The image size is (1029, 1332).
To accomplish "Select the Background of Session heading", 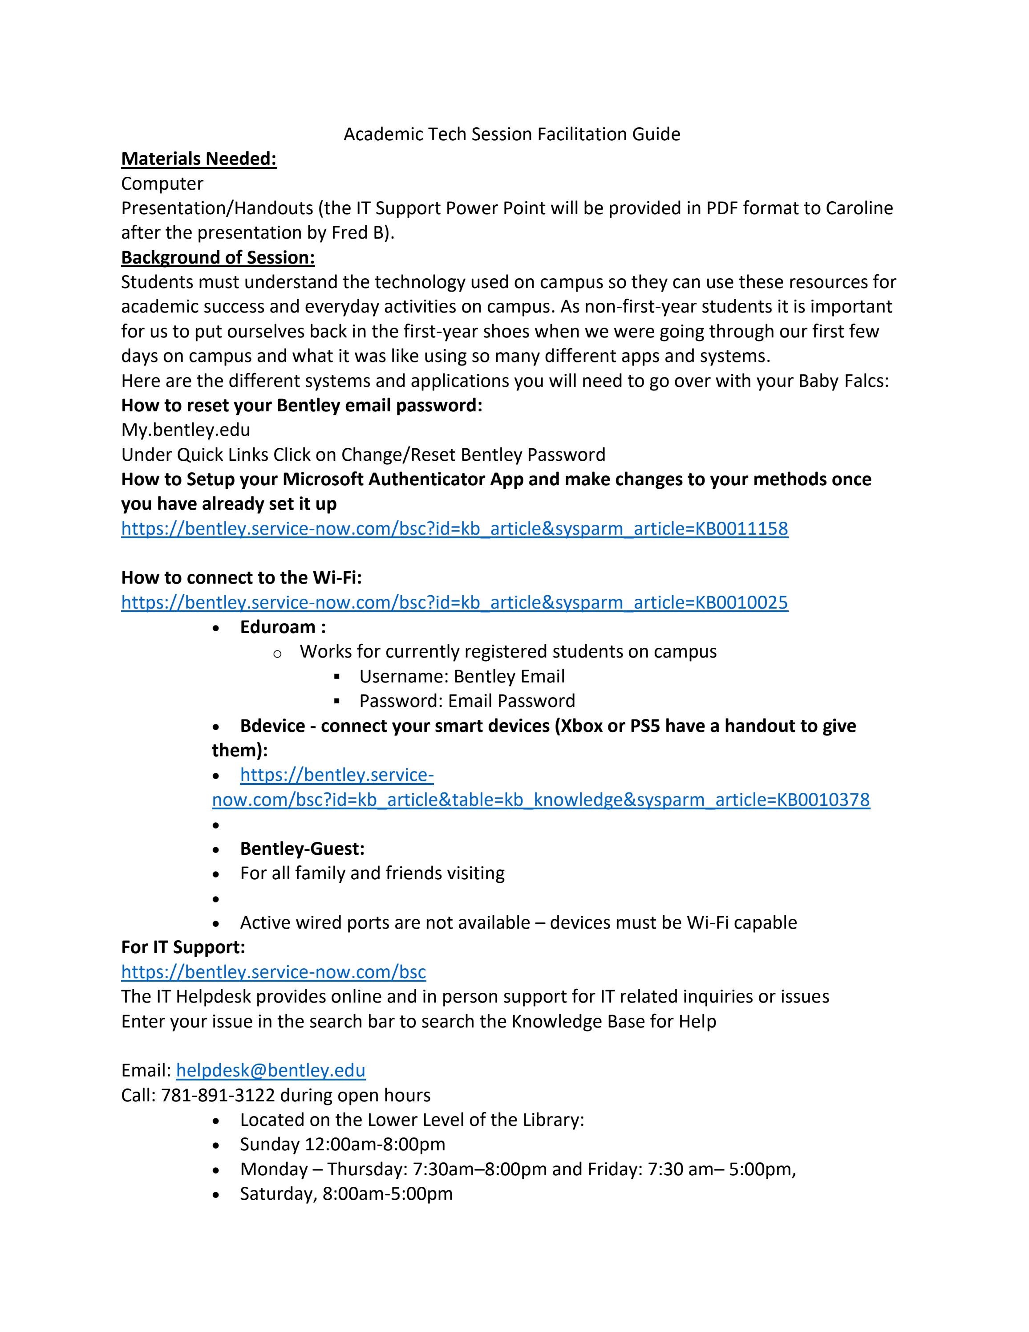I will [x=218, y=257].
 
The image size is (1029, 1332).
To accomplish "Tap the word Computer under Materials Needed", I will [x=162, y=183].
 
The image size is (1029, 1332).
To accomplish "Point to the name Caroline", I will [x=859, y=208].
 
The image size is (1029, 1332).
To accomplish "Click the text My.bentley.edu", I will [x=185, y=430].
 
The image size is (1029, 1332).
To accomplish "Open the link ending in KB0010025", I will [x=454, y=603].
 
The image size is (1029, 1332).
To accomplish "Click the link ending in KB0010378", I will [x=540, y=800].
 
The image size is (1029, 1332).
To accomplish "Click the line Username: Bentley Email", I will [x=462, y=676].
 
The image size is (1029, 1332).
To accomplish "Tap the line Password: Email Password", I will [x=466, y=701].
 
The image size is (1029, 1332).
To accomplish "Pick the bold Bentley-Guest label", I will [x=302, y=849].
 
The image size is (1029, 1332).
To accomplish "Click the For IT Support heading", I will [x=183, y=947].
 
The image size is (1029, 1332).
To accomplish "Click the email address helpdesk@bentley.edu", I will [x=271, y=1070].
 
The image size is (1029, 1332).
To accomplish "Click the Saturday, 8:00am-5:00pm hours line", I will [x=346, y=1194].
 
